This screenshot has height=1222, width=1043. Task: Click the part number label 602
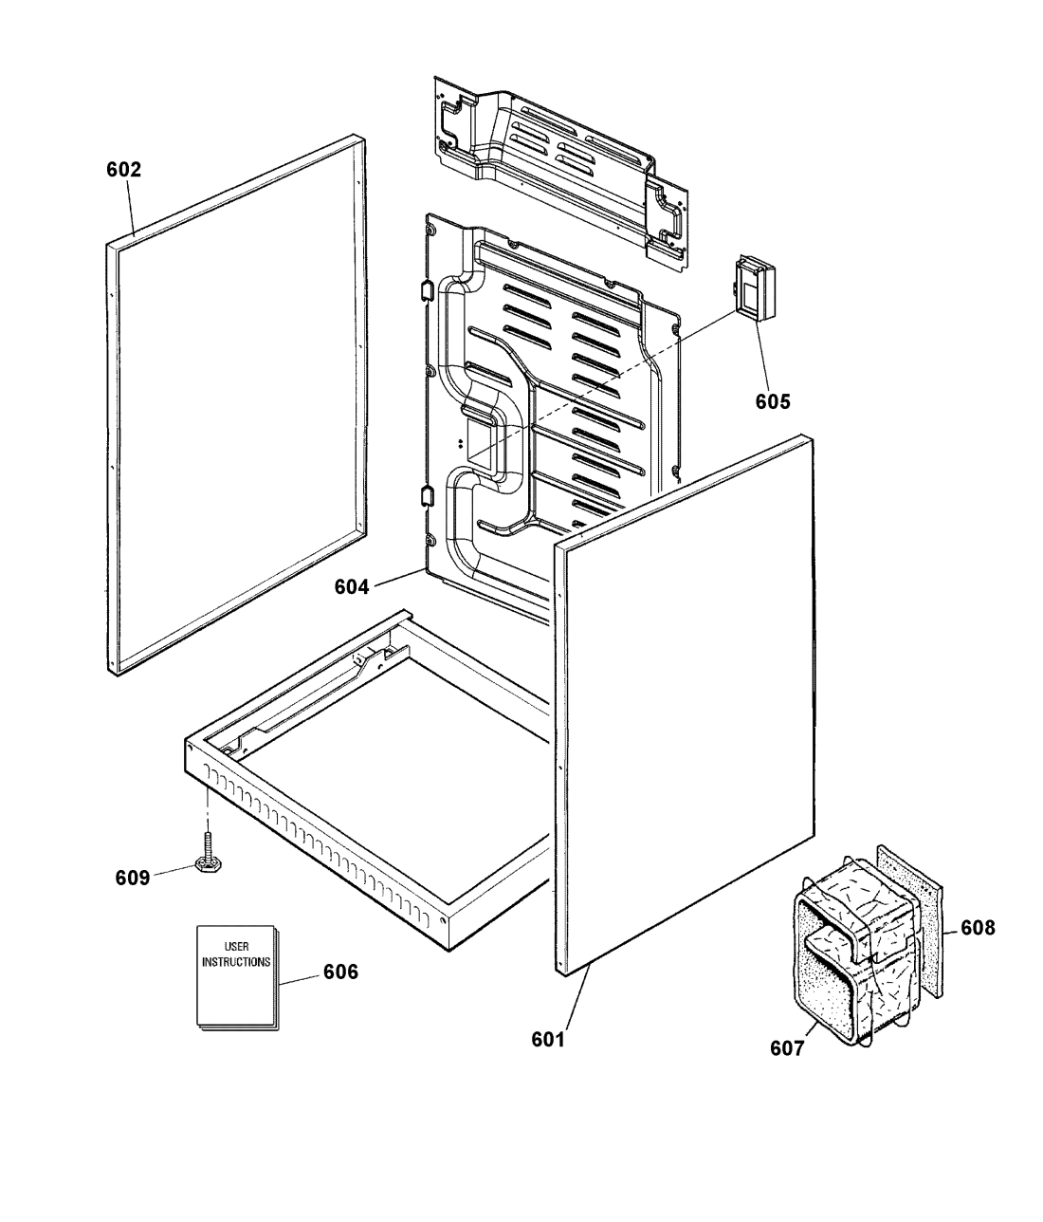pyautogui.click(x=123, y=171)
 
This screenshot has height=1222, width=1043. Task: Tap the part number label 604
pyautogui.click(x=351, y=587)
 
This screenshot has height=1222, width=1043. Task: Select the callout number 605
pyautogui.click(x=773, y=400)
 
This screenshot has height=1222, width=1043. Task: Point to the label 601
pyautogui.click(x=548, y=1040)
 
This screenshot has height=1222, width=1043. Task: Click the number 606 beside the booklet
pyautogui.click(x=340, y=972)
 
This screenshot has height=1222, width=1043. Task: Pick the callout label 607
pyautogui.click(x=787, y=1048)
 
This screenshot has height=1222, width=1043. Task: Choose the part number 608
pyautogui.click(x=978, y=928)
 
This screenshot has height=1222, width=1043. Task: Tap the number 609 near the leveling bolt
pyautogui.click(x=132, y=878)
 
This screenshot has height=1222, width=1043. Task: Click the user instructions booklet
pyautogui.click(x=237, y=977)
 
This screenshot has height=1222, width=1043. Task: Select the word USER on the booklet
pyautogui.click(x=236, y=947)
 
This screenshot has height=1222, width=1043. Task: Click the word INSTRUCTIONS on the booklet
pyautogui.click(x=236, y=960)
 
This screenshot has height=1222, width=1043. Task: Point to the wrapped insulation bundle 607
pyautogui.click(x=853, y=958)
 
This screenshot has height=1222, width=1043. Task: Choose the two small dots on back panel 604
pyautogui.click(x=461, y=443)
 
